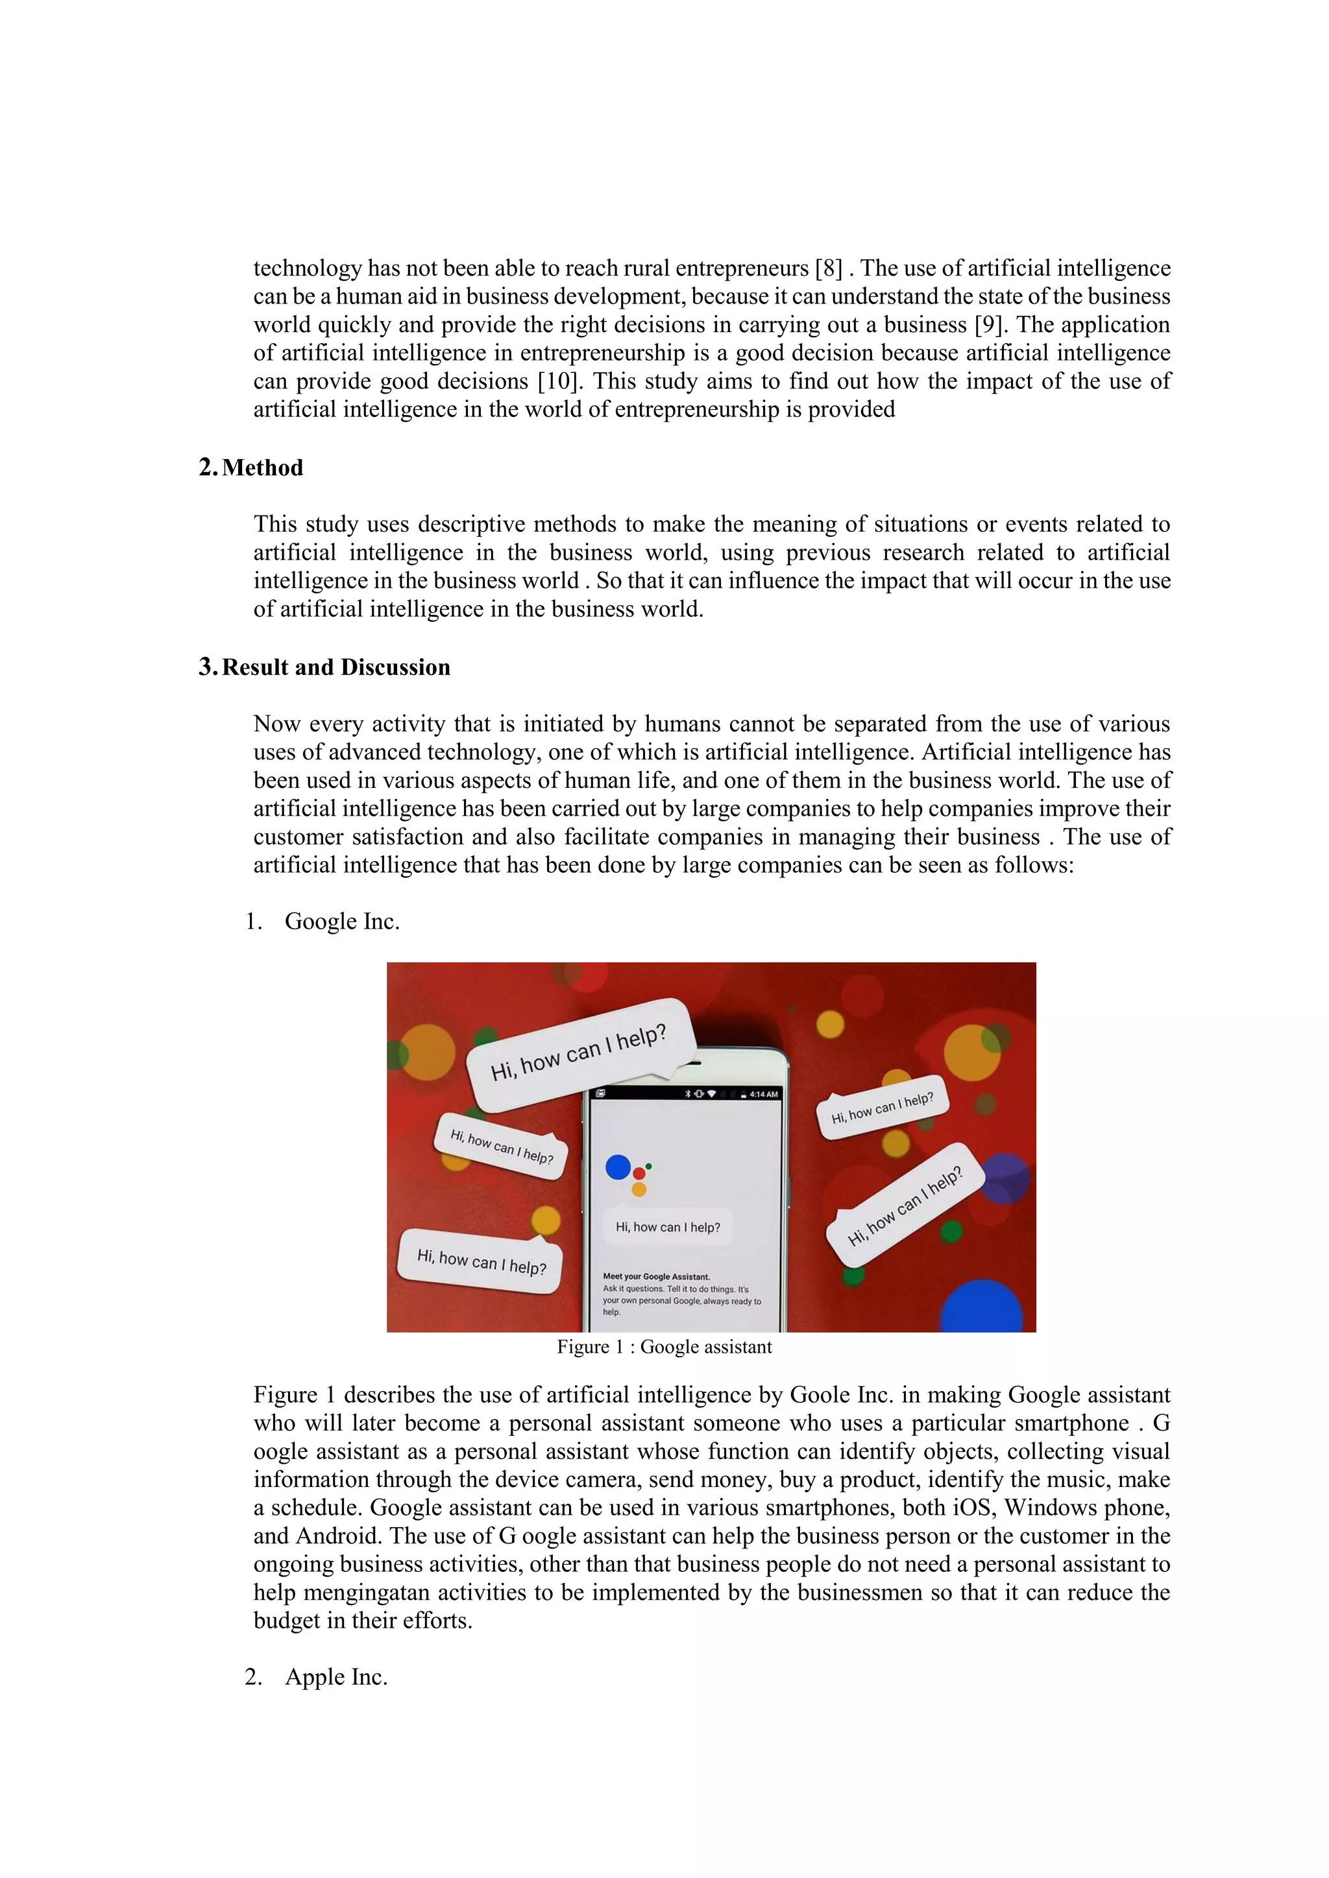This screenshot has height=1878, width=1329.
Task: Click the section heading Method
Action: [262, 468]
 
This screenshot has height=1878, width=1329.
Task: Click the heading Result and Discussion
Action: [335, 667]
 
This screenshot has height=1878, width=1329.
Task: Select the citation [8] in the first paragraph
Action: [829, 268]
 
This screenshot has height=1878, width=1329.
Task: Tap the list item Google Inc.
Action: [342, 922]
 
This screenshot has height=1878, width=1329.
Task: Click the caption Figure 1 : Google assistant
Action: [664, 1347]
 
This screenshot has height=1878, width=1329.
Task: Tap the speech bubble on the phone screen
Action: [668, 1227]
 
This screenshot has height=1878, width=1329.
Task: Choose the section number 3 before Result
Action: [206, 667]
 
